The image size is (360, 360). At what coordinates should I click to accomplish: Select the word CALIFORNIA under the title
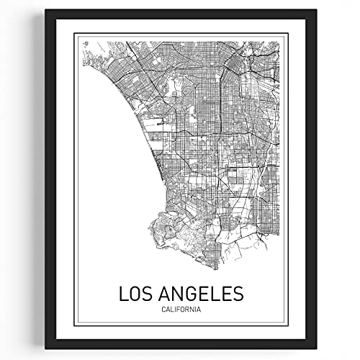[x=180, y=290]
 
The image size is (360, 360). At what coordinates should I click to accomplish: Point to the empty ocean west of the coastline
[x=108, y=158]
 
